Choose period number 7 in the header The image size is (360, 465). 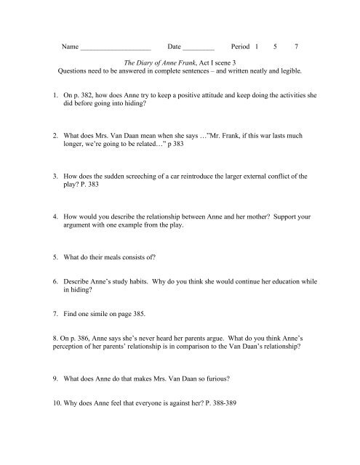pyautogui.click(x=295, y=46)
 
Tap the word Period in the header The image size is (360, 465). pyautogui.click(x=239, y=46)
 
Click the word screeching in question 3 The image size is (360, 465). pyautogui.click(x=156, y=176)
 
